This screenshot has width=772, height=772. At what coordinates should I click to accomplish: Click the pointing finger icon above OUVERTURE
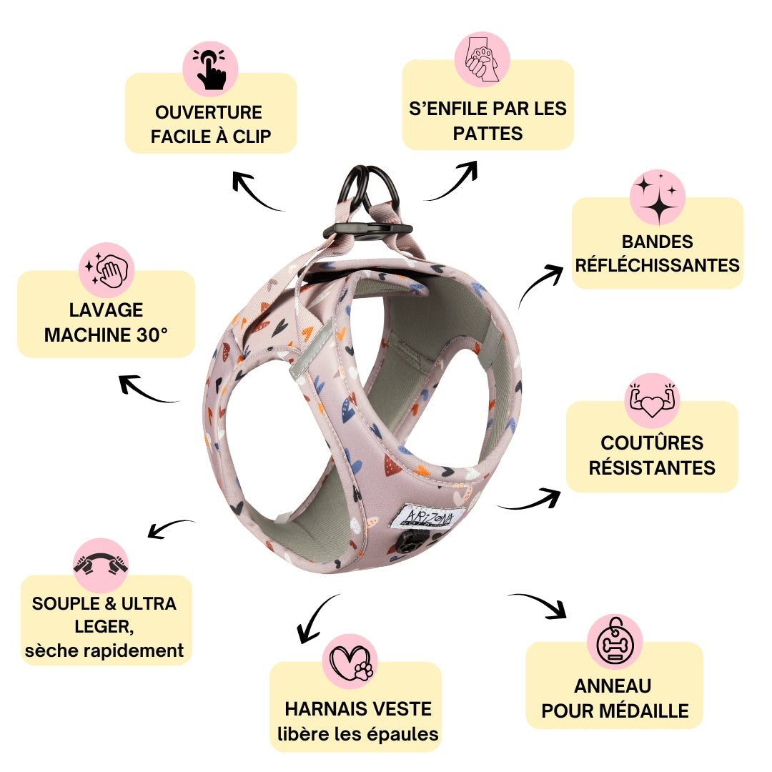(x=211, y=69)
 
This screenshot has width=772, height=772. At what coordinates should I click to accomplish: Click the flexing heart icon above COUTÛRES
(x=651, y=401)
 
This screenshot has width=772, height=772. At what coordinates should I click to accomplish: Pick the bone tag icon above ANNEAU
(x=614, y=642)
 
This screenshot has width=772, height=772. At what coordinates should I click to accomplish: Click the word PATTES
(x=488, y=134)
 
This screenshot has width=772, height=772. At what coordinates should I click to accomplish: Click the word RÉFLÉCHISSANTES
(x=658, y=265)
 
